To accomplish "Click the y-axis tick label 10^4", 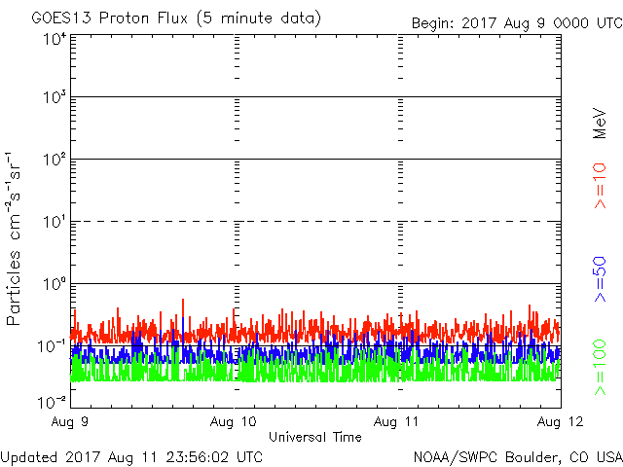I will (55, 39).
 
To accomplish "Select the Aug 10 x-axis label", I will (234, 421).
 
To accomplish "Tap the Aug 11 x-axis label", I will (397, 421).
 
